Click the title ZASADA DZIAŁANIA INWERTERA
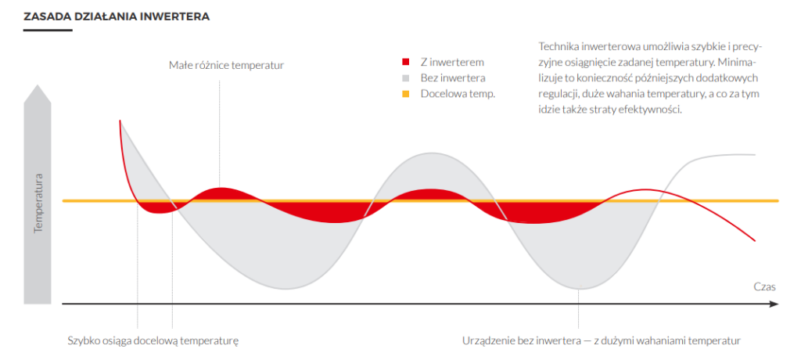point(117,16)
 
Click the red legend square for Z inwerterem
point(406,63)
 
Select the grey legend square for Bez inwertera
point(406,78)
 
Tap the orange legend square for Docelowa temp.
point(406,94)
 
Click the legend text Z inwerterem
point(452,63)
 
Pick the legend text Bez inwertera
point(453,78)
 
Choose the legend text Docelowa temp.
point(458,95)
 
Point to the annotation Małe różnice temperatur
point(226,65)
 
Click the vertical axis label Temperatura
point(38,203)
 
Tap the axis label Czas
point(765,287)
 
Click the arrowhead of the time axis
point(774,304)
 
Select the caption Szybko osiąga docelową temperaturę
point(153,341)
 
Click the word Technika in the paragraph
point(557,46)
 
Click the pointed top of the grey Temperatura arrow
point(38,85)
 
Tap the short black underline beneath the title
point(48,31)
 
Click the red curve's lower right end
point(755,239)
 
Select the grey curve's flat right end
point(755,154)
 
